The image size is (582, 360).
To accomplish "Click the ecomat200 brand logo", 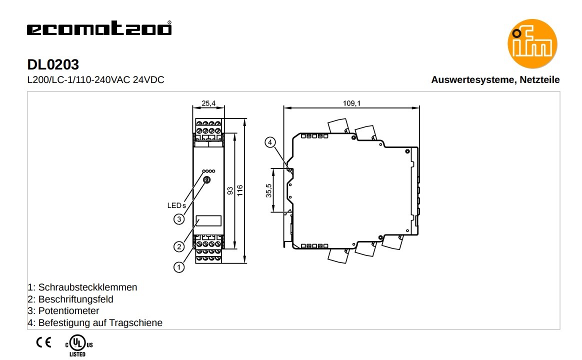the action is (99, 28).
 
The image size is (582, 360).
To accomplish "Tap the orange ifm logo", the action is (532, 44).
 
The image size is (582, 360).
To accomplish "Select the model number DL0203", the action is (53, 64).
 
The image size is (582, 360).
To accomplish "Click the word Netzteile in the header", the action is (539, 80).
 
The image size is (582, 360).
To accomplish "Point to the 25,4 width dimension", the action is (208, 103).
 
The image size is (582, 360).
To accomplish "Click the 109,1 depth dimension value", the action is (351, 103).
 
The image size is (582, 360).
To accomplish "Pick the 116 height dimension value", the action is (240, 190).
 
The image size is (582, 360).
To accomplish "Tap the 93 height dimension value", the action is (230, 191).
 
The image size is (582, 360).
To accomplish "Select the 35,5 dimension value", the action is (268, 190).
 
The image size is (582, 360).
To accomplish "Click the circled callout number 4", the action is (270, 142).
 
